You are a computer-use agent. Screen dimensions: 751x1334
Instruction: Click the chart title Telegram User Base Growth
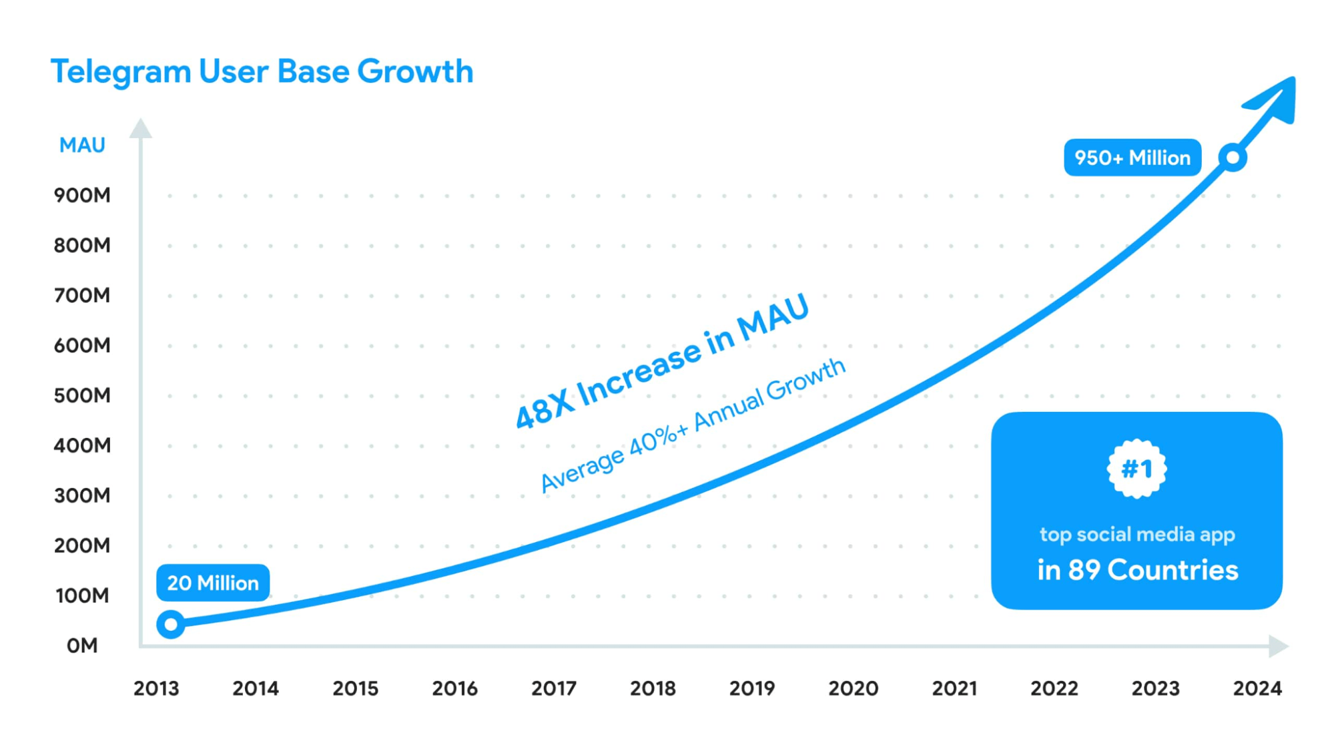pyautogui.click(x=262, y=71)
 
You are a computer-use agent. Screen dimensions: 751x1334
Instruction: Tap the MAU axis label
pyautogui.click(x=82, y=145)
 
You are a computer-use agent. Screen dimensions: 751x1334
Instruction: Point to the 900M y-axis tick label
pyautogui.click(x=82, y=195)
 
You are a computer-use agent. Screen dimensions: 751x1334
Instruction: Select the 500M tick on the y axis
pyautogui.click(x=82, y=395)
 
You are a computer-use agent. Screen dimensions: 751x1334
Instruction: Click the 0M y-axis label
pyautogui.click(x=82, y=646)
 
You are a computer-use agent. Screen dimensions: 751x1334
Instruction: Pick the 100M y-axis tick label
pyautogui.click(x=82, y=595)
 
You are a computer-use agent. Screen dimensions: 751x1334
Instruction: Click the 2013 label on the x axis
pyautogui.click(x=156, y=688)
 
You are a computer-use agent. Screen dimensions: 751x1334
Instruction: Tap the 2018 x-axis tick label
pyautogui.click(x=653, y=688)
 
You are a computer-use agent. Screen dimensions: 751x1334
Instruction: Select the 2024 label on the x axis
pyautogui.click(x=1257, y=688)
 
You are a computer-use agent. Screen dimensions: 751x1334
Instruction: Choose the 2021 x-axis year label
pyautogui.click(x=954, y=688)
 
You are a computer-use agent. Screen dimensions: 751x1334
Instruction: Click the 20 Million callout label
pyautogui.click(x=213, y=583)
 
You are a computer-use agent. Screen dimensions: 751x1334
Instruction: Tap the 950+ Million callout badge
pyautogui.click(x=1132, y=158)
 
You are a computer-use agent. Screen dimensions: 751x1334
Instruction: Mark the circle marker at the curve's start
pyautogui.click(x=171, y=624)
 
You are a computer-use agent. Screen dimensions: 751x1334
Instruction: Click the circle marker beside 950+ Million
pyautogui.click(x=1233, y=158)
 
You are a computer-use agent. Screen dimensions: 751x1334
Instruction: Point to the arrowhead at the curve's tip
pyautogui.click(x=1276, y=100)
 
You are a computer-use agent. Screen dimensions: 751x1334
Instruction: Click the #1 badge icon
pyautogui.click(x=1136, y=469)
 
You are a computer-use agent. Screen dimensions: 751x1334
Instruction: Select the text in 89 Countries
pyautogui.click(x=1137, y=570)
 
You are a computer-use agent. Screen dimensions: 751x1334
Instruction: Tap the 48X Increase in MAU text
pyautogui.click(x=662, y=361)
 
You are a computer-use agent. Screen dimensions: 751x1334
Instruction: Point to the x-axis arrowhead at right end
pyautogui.click(x=1278, y=646)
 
